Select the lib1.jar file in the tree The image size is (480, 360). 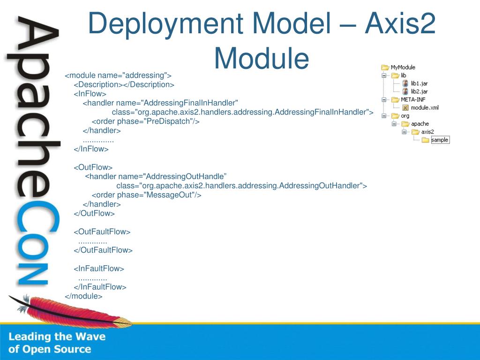pyautogui.click(x=419, y=83)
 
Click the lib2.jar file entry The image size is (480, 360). pyautogui.click(x=419, y=91)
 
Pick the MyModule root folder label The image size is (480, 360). pyautogui.click(x=403, y=67)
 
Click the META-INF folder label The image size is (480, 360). pyautogui.click(x=413, y=99)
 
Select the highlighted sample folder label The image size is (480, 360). pyautogui.click(x=440, y=140)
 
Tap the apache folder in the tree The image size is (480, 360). pyautogui.click(x=420, y=124)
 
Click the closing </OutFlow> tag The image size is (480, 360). pyautogui.click(x=94, y=213)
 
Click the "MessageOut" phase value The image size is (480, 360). pyautogui.click(x=172, y=195)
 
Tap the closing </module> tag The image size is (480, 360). pyautogui.click(x=83, y=296)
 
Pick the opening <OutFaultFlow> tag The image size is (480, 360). pyautogui.click(x=102, y=232)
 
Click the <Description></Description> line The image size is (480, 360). pyautogui.click(x=124, y=84)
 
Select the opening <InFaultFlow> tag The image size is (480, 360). pyautogui.click(x=99, y=269)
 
